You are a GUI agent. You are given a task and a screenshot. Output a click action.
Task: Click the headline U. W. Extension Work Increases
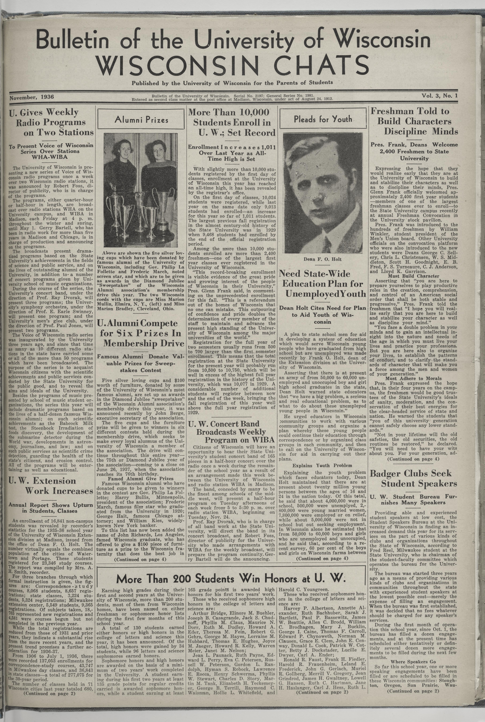point(51,486)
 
